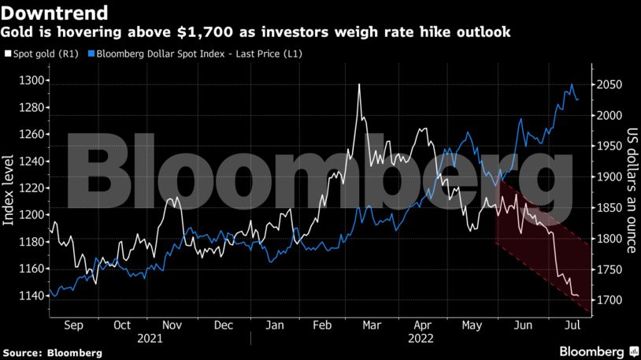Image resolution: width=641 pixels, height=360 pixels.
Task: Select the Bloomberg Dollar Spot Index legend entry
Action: click(x=197, y=54)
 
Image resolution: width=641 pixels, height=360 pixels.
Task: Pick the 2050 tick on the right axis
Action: click(x=610, y=85)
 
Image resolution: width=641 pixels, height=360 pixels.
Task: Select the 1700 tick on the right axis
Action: click(x=610, y=300)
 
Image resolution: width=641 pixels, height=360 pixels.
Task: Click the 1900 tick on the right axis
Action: click(x=610, y=177)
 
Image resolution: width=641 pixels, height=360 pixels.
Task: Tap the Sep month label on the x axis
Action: click(x=72, y=325)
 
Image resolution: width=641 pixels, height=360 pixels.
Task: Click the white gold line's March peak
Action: click(x=359, y=84)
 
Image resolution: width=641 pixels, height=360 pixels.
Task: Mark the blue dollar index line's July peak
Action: click(x=572, y=85)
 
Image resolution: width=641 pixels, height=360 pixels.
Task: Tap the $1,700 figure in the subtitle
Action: click(x=206, y=32)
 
